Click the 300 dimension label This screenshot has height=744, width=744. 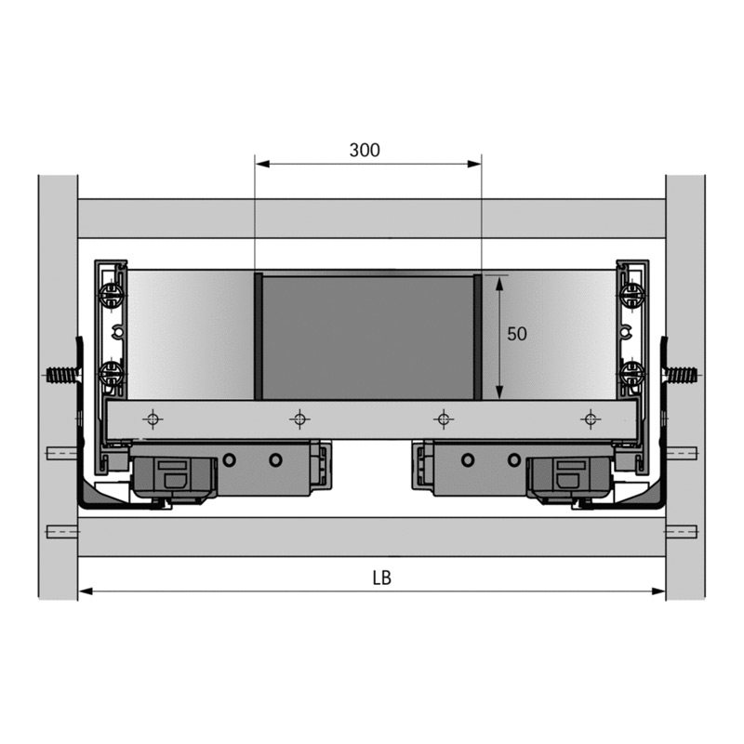tap(365, 150)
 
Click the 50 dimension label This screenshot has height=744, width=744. tap(517, 334)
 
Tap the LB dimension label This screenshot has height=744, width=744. tap(381, 578)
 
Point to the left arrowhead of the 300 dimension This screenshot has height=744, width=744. tap(262, 165)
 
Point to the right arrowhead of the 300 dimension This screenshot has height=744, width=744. tap(474, 165)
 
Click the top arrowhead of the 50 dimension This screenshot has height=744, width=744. tap(499, 284)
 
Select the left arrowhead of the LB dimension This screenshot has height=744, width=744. tap(86, 591)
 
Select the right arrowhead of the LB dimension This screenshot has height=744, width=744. tap(658, 591)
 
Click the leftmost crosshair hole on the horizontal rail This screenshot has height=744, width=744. tap(153, 419)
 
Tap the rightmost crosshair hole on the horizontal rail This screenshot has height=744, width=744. tap(591, 419)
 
